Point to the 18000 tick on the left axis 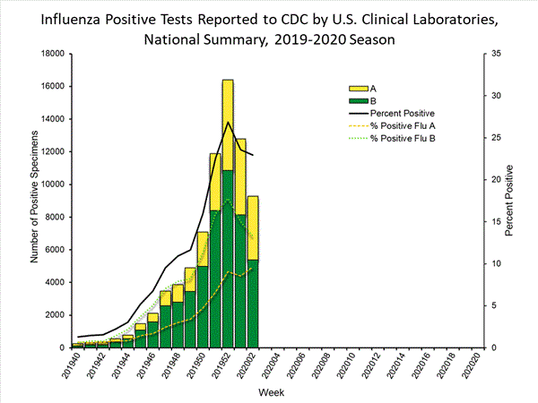pyautogui.click(x=50, y=54)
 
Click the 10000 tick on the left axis pyautogui.click(x=50, y=184)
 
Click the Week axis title pyautogui.click(x=273, y=392)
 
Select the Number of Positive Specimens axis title pyautogui.click(x=34, y=201)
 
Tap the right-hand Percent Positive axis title pyautogui.click(x=508, y=201)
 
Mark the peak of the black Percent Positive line pyautogui.click(x=228, y=122)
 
